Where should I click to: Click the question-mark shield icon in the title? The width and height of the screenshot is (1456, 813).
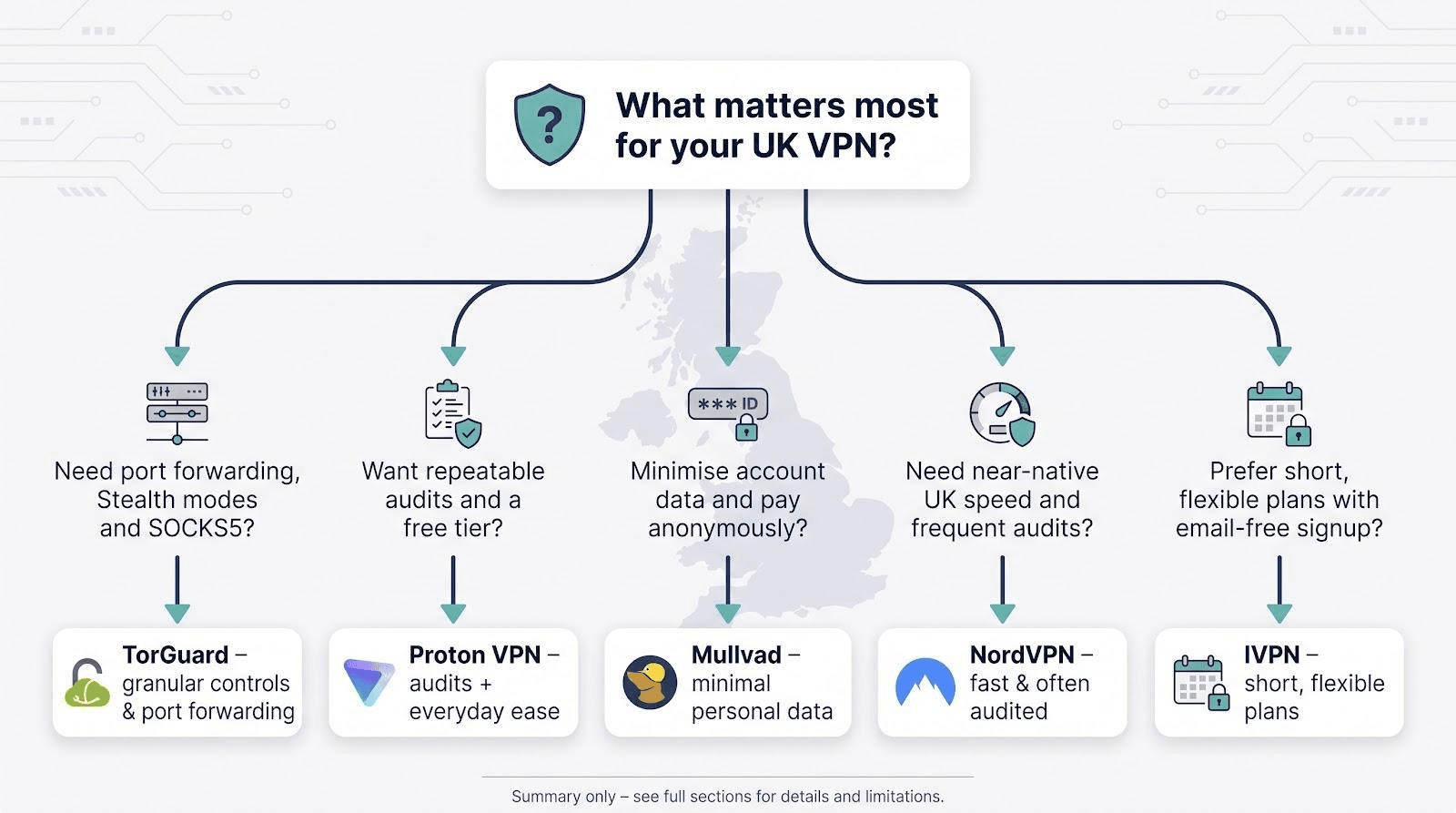click(x=550, y=124)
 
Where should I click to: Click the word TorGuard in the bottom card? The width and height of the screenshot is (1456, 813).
click(x=176, y=655)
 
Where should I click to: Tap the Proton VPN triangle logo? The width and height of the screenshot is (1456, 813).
click(x=369, y=682)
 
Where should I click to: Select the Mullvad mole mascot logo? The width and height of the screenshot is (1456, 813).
click(x=650, y=682)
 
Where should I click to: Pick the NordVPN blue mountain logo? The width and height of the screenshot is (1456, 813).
click(x=925, y=682)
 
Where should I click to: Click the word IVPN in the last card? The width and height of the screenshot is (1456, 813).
click(x=1272, y=655)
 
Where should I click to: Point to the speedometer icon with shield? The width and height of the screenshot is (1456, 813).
click(x=1002, y=414)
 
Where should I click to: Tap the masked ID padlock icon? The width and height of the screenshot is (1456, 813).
click(x=728, y=413)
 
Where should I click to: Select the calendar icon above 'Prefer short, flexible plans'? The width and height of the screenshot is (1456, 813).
click(x=1279, y=414)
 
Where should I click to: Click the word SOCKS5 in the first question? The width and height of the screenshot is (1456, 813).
click(x=201, y=528)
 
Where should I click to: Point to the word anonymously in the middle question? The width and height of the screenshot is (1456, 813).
click(x=727, y=529)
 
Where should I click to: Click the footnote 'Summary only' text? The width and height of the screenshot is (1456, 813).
click(x=563, y=797)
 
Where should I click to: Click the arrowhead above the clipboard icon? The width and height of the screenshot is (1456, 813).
click(x=453, y=356)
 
